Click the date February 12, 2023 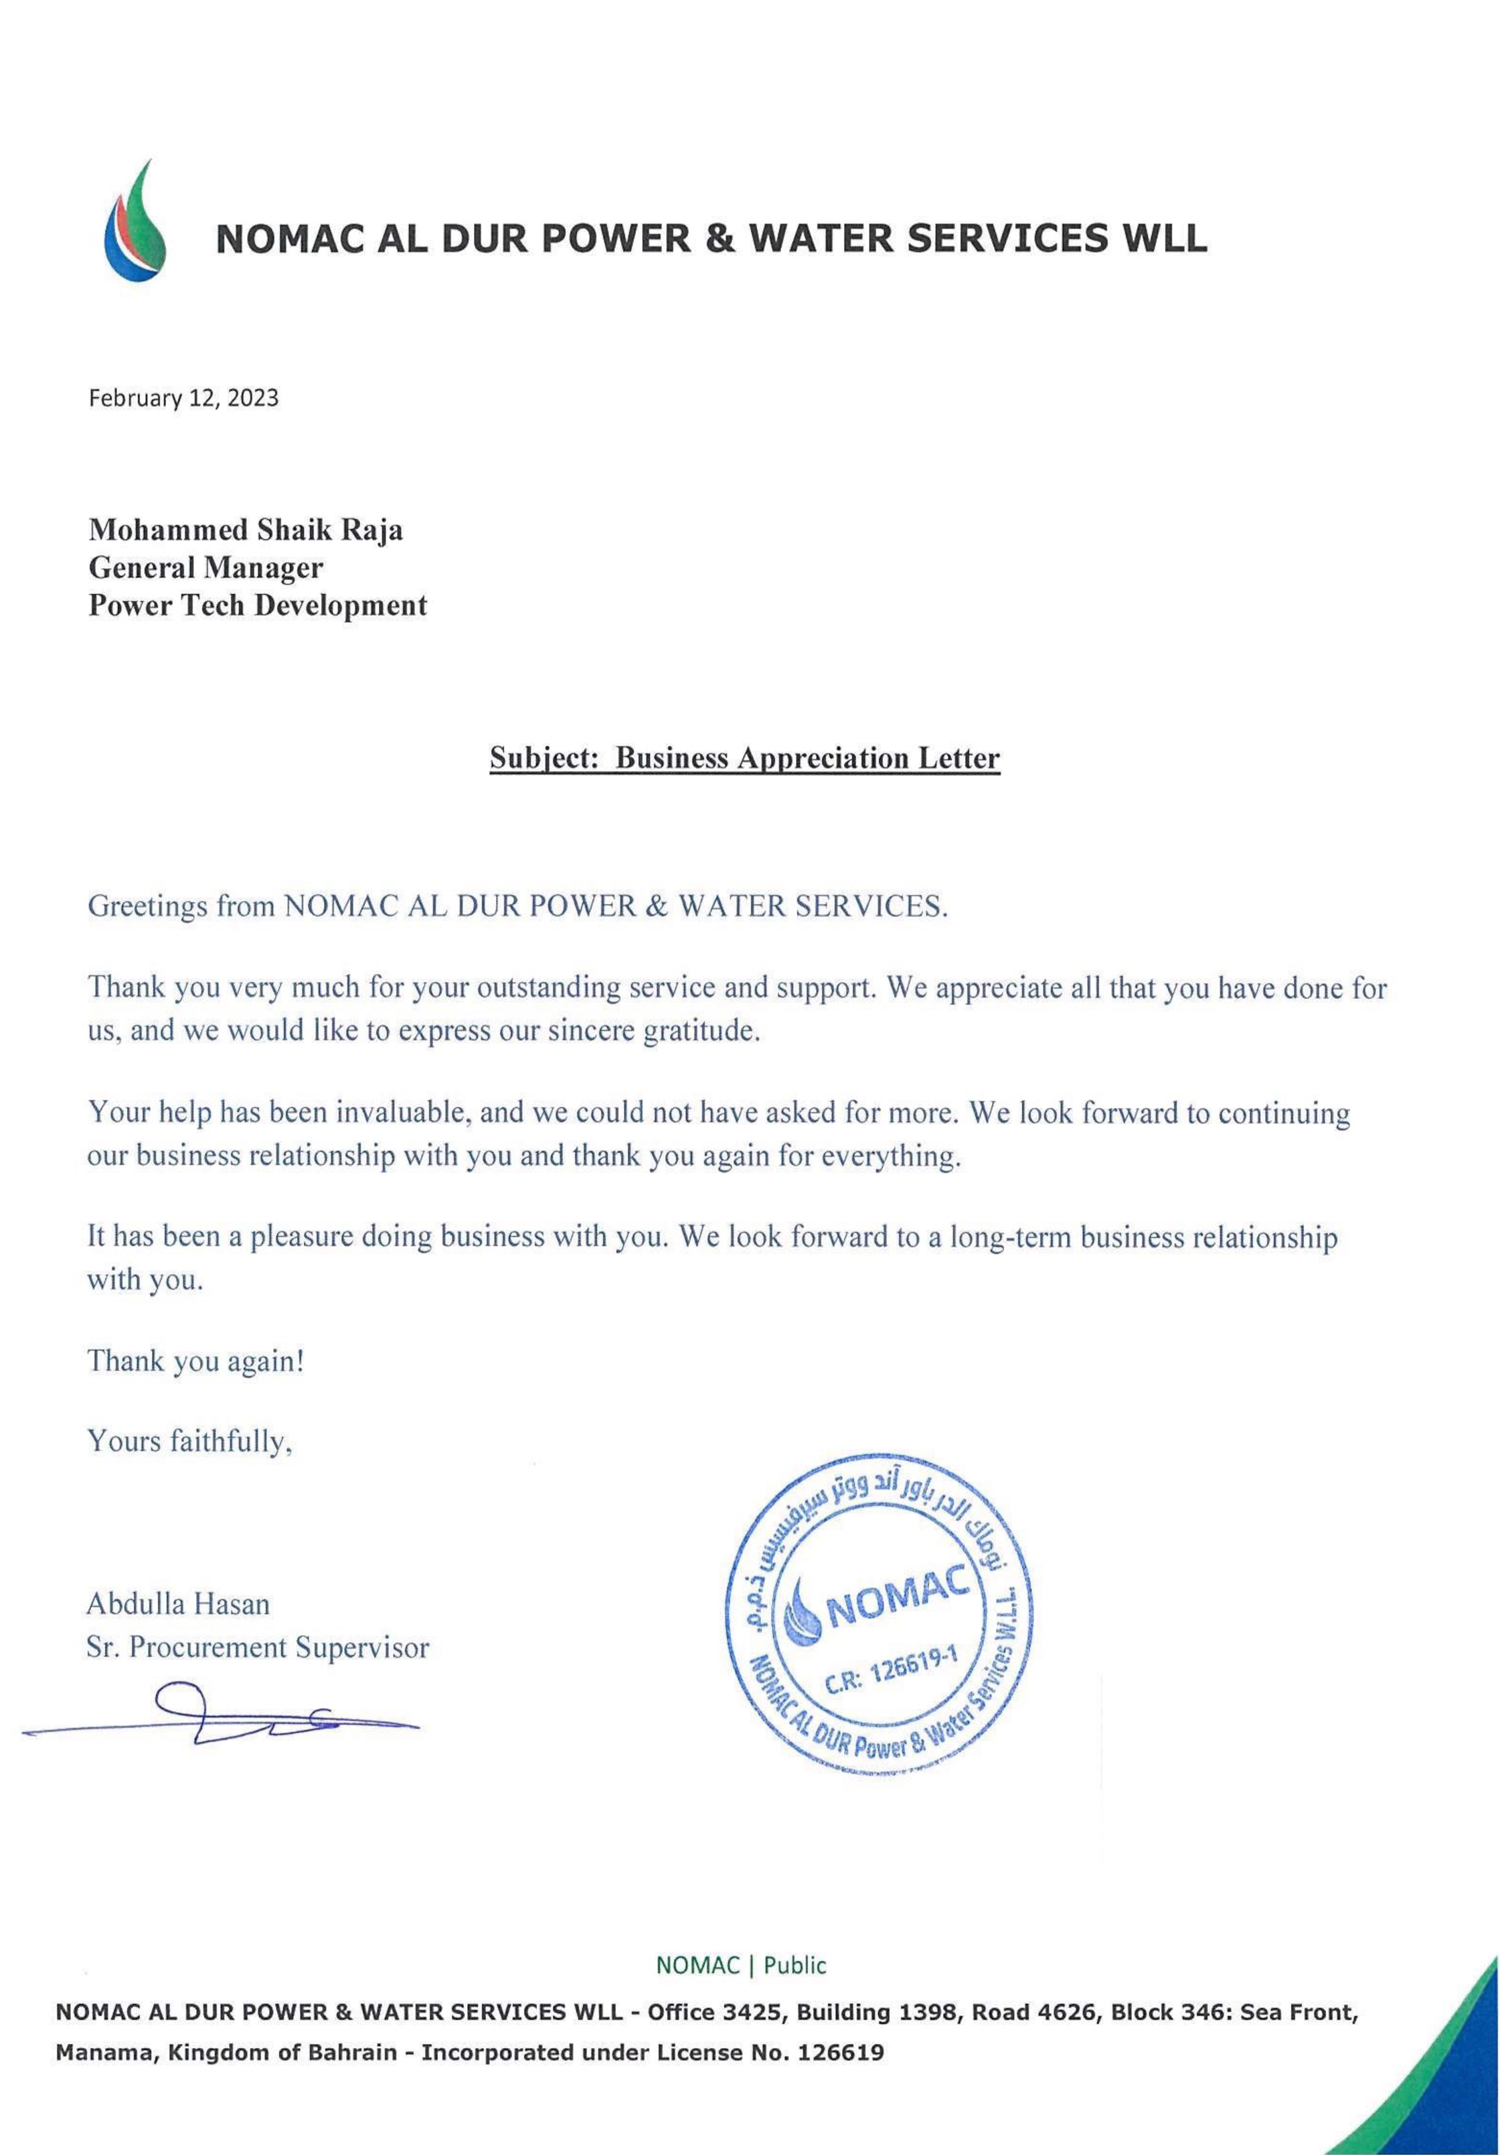(184, 398)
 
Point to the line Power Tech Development (257, 605)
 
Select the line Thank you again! (195, 1361)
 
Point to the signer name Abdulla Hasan (178, 1604)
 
